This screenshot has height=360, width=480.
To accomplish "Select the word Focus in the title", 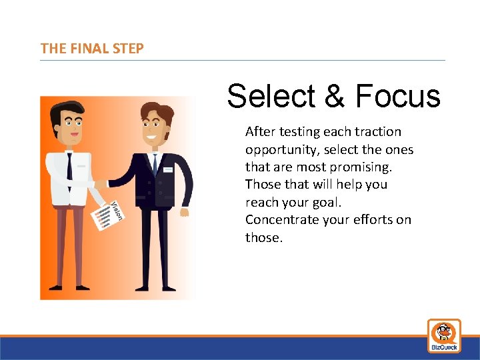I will (398, 96).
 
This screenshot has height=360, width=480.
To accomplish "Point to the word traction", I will (378, 132).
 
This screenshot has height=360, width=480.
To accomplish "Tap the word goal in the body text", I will (326, 202).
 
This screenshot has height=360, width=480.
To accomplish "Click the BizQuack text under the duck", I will (444, 347).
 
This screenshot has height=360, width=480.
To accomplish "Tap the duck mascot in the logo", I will (444, 331).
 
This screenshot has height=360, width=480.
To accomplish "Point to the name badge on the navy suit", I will (167, 169).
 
